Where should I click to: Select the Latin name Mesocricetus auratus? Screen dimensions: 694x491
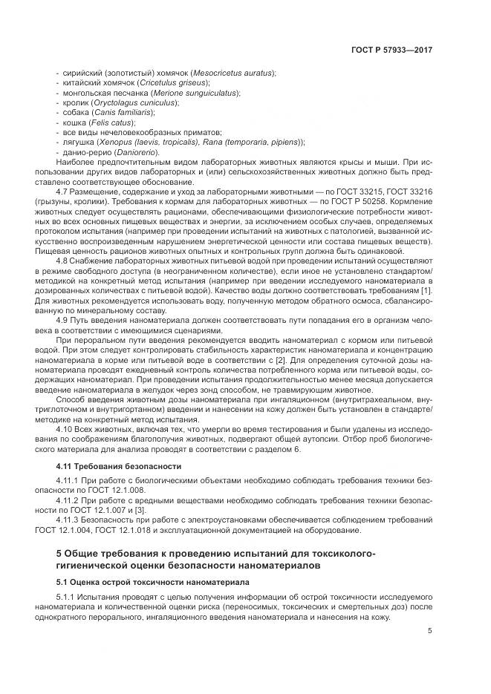pyautogui.click(x=233, y=73)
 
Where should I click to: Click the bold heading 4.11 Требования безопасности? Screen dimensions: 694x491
pyautogui.click(x=119, y=466)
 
